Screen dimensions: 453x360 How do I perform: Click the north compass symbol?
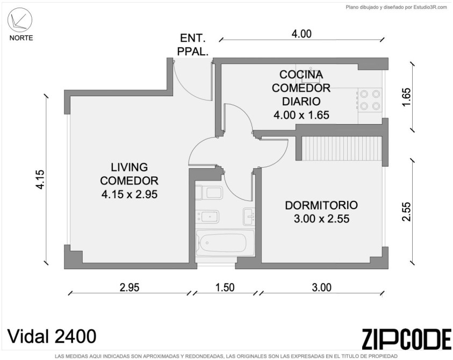coord(20,20)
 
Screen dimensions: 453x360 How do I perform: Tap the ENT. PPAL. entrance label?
coord(193,45)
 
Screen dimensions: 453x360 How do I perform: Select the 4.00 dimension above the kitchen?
coord(301,34)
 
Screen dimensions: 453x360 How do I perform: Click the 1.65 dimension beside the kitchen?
coord(406,97)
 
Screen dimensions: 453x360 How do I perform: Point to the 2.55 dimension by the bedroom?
coord(406,212)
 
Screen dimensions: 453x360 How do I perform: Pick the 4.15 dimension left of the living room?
coord(40,179)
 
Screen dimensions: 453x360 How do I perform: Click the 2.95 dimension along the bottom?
coord(130,287)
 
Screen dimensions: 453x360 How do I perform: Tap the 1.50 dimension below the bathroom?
coord(225,287)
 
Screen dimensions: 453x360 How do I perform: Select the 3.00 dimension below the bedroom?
coord(321,287)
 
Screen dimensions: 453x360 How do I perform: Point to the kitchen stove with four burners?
coord(370,100)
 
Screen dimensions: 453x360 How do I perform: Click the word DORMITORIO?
coord(321,205)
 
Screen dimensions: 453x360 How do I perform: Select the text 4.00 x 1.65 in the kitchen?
coord(301,115)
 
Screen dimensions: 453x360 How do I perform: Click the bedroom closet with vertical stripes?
coord(342,148)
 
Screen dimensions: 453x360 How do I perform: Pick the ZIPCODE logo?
coord(406,339)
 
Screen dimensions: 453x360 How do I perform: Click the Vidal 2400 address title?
coord(52,336)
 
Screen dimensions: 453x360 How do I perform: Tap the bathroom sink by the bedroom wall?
coord(249,217)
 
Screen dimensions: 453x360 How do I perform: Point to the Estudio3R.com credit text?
coord(397,8)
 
